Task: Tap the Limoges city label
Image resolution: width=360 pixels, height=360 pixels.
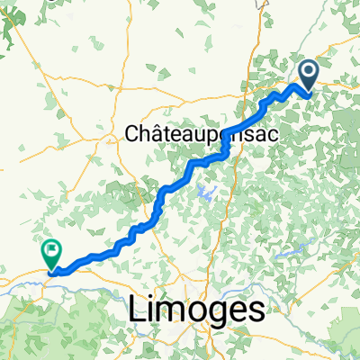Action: click(x=198, y=310)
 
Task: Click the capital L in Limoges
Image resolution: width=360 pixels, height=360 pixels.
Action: click(x=134, y=310)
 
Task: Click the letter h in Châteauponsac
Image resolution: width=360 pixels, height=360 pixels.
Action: click(x=138, y=133)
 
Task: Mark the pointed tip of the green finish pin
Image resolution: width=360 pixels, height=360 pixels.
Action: click(x=51, y=268)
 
